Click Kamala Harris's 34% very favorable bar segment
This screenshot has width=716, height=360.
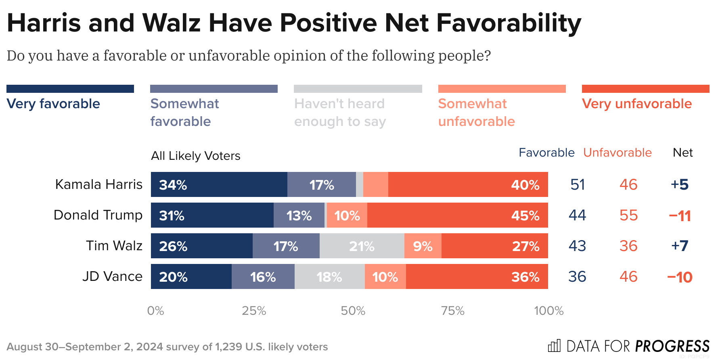(x=219, y=184)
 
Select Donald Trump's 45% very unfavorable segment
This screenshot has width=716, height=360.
(x=457, y=215)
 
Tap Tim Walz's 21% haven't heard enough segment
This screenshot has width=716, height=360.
(x=362, y=246)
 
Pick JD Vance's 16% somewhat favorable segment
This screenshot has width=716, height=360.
(x=263, y=276)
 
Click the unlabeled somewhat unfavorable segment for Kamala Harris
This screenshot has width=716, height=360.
(x=375, y=184)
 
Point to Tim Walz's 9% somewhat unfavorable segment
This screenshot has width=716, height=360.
(x=423, y=246)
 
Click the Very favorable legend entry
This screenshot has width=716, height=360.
(x=53, y=104)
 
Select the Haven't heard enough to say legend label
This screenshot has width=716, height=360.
(x=340, y=113)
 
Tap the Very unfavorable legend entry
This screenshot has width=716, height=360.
(x=636, y=104)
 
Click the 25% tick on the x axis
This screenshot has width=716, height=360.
(x=254, y=311)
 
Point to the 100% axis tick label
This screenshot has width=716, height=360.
(x=549, y=311)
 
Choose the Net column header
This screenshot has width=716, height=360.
(x=683, y=153)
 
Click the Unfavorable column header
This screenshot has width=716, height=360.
(x=617, y=153)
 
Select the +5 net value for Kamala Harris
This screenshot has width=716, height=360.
(x=680, y=184)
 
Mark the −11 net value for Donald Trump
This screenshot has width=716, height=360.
(x=680, y=216)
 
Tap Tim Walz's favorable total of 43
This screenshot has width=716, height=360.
(x=577, y=246)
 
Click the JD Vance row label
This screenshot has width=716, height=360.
(x=112, y=276)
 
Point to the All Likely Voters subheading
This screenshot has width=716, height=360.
(x=195, y=156)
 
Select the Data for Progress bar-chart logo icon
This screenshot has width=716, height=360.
(x=554, y=346)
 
